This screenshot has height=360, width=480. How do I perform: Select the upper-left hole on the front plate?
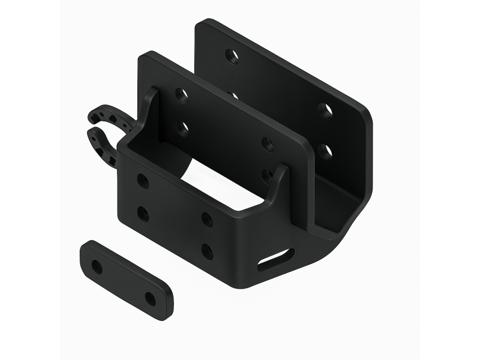(143, 181)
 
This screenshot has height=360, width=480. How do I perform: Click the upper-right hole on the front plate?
(207, 219)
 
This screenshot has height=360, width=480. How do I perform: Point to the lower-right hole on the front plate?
(207, 251)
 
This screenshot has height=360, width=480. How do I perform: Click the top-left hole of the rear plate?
(231, 56)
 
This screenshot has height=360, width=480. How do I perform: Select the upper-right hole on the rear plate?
(326, 110)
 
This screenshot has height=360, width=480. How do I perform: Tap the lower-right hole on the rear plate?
(325, 151)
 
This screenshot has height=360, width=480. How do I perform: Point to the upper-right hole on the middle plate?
(268, 144)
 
